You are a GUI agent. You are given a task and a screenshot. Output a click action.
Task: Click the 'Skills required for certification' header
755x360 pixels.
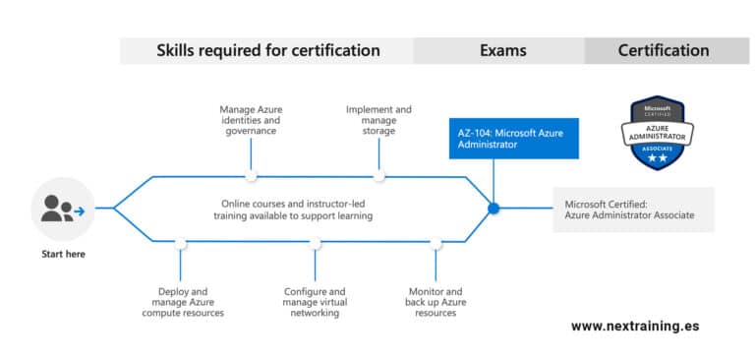[x=267, y=50]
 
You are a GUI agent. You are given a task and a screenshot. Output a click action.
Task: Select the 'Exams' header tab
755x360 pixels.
[x=502, y=50]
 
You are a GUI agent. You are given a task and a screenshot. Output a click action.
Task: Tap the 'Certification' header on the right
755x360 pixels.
[x=664, y=50]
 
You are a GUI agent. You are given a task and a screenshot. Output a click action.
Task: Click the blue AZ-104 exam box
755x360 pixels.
[x=514, y=139]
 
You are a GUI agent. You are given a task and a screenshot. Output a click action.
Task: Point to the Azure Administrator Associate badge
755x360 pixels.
[x=658, y=133]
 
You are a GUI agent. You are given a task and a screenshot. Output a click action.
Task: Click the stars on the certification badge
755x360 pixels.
[x=658, y=158]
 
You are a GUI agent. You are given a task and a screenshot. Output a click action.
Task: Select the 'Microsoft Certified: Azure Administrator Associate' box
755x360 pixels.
[x=633, y=210]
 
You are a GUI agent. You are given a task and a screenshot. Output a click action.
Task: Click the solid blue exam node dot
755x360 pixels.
[x=494, y=209]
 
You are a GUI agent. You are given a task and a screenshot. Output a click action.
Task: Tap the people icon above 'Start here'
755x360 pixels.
[x=63, y=209]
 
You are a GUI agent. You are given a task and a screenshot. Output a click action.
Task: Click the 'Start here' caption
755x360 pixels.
[x=63, y=254]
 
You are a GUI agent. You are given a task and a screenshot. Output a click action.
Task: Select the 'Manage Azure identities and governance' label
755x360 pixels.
[x=251, y=120]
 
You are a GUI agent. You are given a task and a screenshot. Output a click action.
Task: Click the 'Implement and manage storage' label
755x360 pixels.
[x=378, y=120]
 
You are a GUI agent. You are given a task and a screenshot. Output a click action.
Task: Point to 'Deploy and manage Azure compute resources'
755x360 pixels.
[x=183, y=302]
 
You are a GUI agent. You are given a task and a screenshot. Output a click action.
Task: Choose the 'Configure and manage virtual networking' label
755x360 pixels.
[x=315, y=302]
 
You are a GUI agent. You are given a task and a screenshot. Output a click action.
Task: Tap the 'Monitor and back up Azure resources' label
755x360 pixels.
[x=436, y=302]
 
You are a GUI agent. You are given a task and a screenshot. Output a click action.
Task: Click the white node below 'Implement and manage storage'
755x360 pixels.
[x=378, y=176]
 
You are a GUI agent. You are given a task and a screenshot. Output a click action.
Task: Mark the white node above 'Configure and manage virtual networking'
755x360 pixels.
[x=315, y=243]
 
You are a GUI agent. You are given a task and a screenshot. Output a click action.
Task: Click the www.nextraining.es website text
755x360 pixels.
[x=635, y=327]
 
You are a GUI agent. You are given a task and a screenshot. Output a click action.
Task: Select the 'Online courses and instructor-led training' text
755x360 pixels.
[x=293, y=210]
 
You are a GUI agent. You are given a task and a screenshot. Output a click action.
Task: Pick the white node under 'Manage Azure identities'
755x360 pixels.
[x=251, y=176]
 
